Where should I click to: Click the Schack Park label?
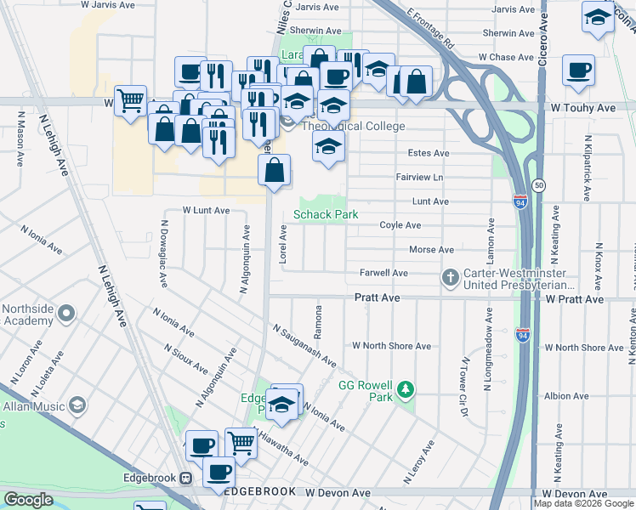click(x=326, y=214)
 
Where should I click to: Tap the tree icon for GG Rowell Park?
click(x=407, y=389)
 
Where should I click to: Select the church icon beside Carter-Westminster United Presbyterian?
click(x=451, y=278)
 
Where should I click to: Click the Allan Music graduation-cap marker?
click(x=78, y=404)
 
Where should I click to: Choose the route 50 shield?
click(x=538, y=184)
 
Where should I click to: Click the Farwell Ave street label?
click(x=383, y=273)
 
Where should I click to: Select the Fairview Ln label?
click(x=419, y=177)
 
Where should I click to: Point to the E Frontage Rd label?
click(x=432, y=29)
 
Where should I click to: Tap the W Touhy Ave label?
click(x=582, y=109)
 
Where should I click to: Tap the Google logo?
click(x=28, y=500)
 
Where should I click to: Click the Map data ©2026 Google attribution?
click(x=584, y=504)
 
